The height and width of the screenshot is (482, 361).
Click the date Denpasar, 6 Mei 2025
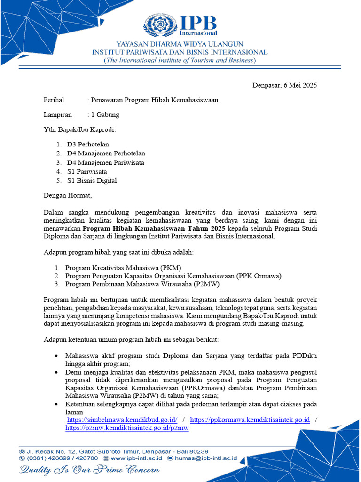pyautogui.click(x=285, y=85)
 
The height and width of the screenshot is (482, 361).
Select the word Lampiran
pyautogui.click(x=58, y=114)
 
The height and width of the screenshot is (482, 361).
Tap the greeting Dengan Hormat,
pyautogui.click(x=68, y=195)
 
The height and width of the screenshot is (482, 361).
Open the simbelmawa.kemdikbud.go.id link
pyautogui.click(x=122, y=420)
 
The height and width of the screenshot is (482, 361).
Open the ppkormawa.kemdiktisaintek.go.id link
pyautogui.click(x=250, y=420)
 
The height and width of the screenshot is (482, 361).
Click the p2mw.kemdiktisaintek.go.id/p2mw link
pyautogui.click(x=127, y=428)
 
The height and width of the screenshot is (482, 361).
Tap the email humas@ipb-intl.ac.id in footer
pyautogui.click(x=205, y=458)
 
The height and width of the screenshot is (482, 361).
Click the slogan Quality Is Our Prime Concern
pyautogui.click(x=89, y=470)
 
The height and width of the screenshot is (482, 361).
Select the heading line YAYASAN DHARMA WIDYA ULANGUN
pyautogui.click(x=180, y=44)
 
